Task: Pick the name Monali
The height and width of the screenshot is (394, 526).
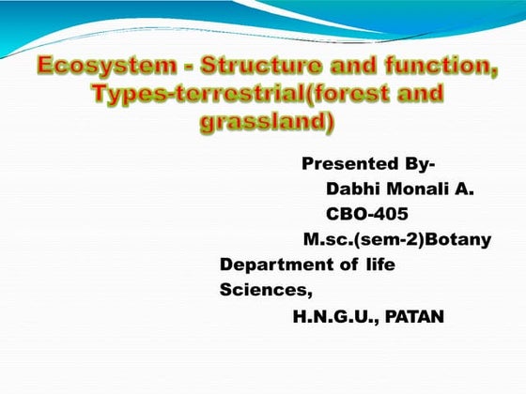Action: [418, 189]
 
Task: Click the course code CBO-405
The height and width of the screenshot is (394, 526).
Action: [366, 215]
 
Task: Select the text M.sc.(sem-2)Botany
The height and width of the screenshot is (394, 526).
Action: [396, 240]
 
